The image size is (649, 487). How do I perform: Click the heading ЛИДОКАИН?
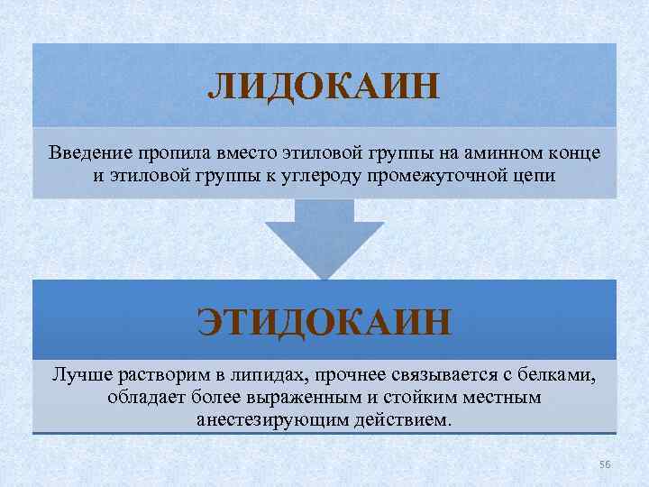coord(324,87)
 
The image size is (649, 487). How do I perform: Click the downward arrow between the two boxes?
coord(324,236)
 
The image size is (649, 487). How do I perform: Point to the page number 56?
coord(605,464)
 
